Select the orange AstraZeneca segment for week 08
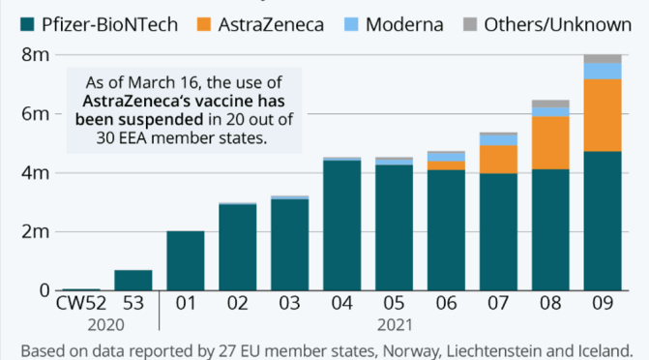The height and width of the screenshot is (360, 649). (549, 142)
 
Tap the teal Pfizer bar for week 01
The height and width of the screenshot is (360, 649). (185, 260)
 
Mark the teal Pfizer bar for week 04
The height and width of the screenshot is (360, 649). (341, 225)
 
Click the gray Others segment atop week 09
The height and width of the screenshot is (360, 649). (602, 59)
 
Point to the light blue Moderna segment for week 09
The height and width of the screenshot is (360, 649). (602, 71)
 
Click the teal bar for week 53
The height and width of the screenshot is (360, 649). (133, 280)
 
